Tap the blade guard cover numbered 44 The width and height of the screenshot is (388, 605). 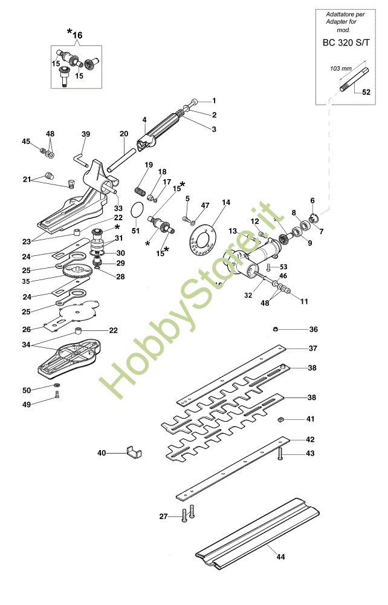pos(254,532)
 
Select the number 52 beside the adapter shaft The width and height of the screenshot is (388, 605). pos(366,93)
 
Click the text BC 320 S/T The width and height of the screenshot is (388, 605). pos(346,43)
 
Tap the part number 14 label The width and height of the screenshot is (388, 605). pos(226,202)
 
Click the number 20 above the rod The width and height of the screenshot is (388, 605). pos(124,134)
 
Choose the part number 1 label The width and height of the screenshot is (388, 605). pos(213,100)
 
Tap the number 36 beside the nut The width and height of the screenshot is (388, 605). pos(313,330)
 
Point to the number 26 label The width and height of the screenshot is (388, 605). pos(26,330)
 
